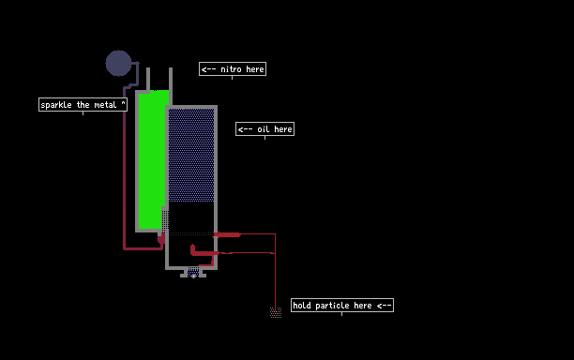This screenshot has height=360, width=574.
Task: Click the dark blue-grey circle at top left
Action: [118, 64]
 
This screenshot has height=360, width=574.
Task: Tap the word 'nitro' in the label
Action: [231, 69]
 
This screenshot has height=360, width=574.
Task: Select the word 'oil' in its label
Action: [264, 129]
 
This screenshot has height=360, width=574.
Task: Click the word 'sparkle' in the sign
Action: [56, 105]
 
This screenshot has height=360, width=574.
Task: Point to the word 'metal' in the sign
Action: [105, 105]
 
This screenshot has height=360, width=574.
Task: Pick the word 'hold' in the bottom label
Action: [302, 306]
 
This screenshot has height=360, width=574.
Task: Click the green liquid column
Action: [152, 159]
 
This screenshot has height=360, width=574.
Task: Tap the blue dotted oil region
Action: [191, 155]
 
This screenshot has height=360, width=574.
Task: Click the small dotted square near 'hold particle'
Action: [276, 312]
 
